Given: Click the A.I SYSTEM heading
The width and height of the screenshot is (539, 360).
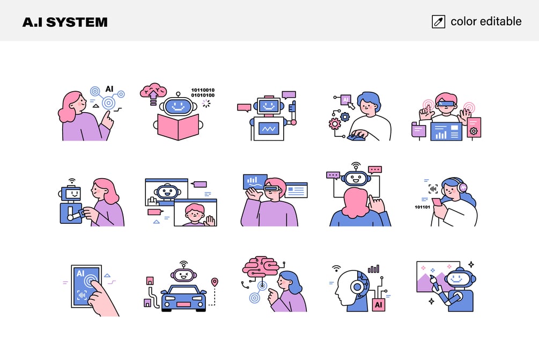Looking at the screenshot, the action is point(65,22).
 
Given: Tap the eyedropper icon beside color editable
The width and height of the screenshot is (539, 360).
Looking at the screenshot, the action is point(438,21).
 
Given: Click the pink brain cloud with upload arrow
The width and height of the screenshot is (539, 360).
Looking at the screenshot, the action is point(153,92).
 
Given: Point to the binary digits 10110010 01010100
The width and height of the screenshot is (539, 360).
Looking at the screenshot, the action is point(203,92).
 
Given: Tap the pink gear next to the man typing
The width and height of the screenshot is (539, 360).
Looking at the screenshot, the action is point(334,123).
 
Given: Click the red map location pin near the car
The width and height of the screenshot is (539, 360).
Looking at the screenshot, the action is point(215,282).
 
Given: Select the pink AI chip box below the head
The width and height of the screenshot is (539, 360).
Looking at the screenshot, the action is point(379,305).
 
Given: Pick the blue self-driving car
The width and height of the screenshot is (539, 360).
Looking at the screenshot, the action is point(183,298).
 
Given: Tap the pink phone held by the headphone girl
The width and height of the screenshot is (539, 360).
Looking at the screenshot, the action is point(437,202).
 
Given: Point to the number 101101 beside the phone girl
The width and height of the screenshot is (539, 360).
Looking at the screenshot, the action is point(422,207).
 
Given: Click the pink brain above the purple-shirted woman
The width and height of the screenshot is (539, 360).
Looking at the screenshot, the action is point(260,266).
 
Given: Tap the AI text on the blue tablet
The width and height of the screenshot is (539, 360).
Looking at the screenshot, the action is point(80,273).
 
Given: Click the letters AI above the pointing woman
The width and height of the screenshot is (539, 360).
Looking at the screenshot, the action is point(109,89).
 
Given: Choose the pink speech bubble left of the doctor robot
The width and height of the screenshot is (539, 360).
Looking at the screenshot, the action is point(243,108).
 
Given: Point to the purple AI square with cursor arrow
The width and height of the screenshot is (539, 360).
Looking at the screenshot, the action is point(345,100).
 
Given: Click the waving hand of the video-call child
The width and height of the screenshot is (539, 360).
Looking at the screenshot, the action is point(209,221).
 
